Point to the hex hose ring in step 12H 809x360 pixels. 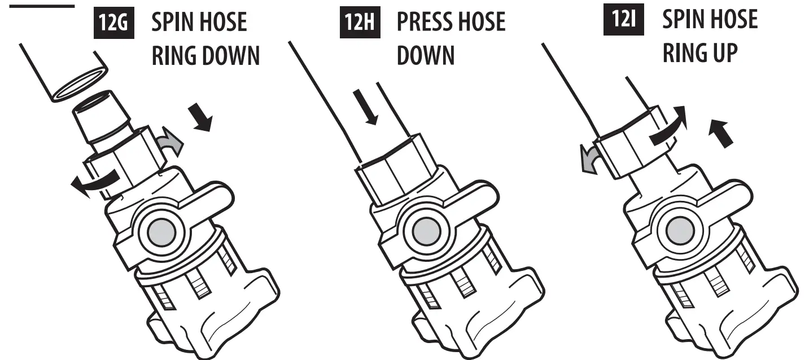point(395,175)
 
